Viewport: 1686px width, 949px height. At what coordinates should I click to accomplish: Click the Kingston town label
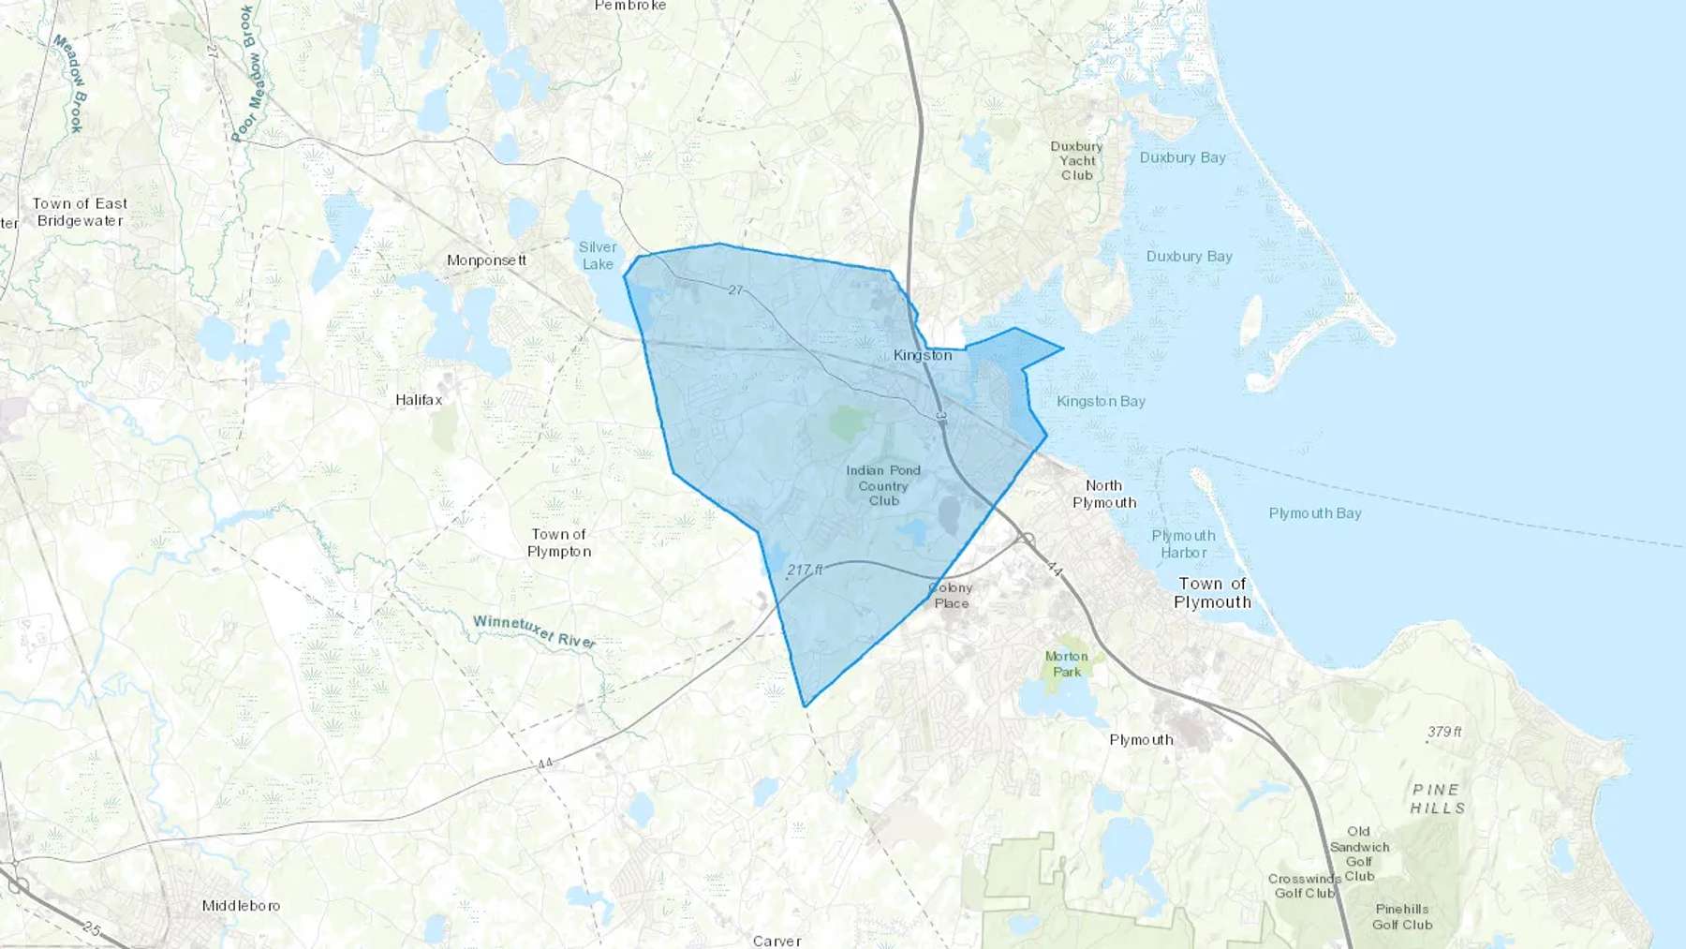(x=923, y=355)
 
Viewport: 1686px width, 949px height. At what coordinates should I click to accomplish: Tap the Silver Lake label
(x=598, y=256)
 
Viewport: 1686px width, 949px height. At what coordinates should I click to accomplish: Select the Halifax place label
(x=419, y=400)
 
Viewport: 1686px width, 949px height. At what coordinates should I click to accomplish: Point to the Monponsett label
(x=486, y=260)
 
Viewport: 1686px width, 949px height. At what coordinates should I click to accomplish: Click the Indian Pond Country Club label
(x=883, y=485)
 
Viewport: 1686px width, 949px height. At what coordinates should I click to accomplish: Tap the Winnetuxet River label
(x=534, y=631)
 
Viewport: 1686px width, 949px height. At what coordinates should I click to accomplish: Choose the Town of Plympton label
(x=559, y=543)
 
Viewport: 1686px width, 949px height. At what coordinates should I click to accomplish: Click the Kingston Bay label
(x=1101, y=402)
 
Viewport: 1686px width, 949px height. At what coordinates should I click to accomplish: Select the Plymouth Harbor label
(x=1183, y=544)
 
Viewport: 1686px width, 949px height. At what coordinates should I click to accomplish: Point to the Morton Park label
(x=1066, y=664)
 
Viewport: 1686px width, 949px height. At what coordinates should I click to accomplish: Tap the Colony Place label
(x=951, y=596)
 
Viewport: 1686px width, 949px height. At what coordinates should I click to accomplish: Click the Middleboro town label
(x=241, y=906)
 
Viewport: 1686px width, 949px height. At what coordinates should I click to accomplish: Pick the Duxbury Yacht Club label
(x=1076, y=161)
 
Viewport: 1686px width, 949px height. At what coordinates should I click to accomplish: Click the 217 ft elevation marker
(x=805, y=570)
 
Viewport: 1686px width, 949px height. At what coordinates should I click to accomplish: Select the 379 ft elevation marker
(x=1444, y=732)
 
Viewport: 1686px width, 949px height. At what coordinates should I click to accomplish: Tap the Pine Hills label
(x=1437, y=799)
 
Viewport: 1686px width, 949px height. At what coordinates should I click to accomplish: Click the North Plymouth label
(x=1104, y=494)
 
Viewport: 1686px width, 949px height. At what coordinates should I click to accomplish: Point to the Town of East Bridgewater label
(x=80, y=213)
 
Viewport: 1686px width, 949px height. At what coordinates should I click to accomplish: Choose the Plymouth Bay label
(x=1315, y=513)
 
